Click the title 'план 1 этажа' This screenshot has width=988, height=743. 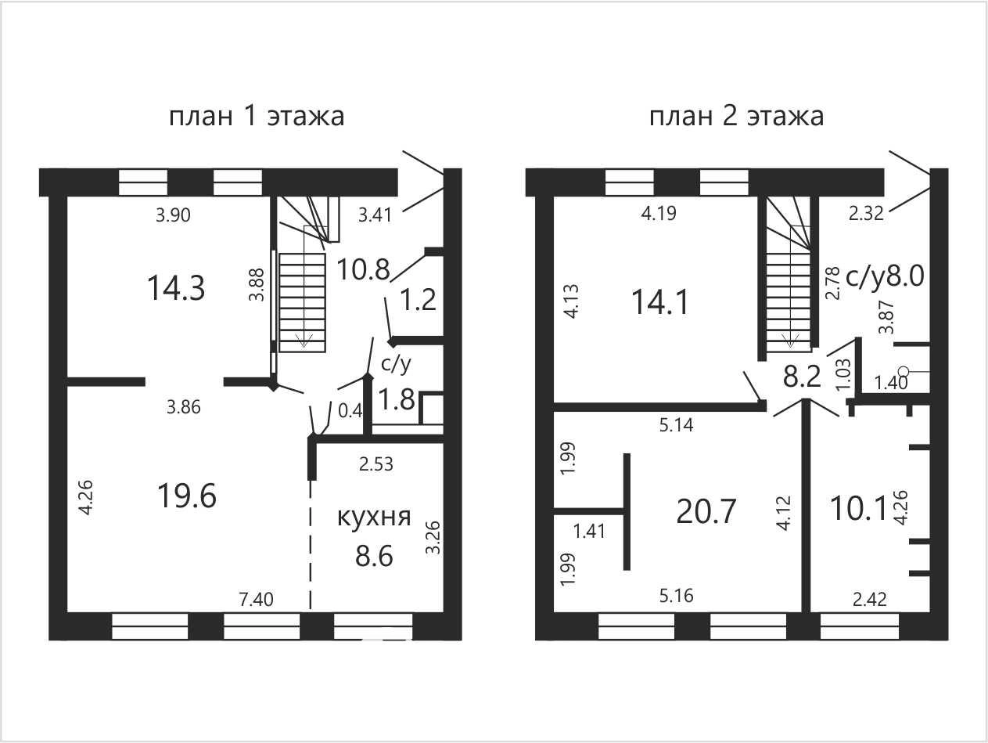coord(257,117)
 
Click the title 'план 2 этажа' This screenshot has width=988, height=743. coord(736,117)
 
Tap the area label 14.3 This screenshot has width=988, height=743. coord(176,288)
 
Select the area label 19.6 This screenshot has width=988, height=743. coord(187,496)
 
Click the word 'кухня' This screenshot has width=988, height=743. coord(374,518)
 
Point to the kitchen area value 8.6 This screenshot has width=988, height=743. coord(374,556)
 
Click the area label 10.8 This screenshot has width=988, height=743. coord(363,270)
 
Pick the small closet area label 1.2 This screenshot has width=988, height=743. coord(419,300)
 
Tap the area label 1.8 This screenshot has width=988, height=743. coord(397,399)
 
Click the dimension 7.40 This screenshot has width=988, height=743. coord(256,600)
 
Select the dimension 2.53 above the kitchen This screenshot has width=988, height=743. coord(376,463)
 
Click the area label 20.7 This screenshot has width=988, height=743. coord(706,511)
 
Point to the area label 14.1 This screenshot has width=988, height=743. coord(660,302)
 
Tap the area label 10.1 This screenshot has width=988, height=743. coord(858,508)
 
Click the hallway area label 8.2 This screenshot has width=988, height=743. coord(802,377)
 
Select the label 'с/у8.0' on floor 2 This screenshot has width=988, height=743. coord(885,276)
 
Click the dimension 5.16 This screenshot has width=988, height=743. coord(677,596)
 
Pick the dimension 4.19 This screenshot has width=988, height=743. coord(659,213)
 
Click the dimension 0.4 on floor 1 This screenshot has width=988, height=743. coord(350,411)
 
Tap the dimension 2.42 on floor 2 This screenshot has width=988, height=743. coord(870,600)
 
